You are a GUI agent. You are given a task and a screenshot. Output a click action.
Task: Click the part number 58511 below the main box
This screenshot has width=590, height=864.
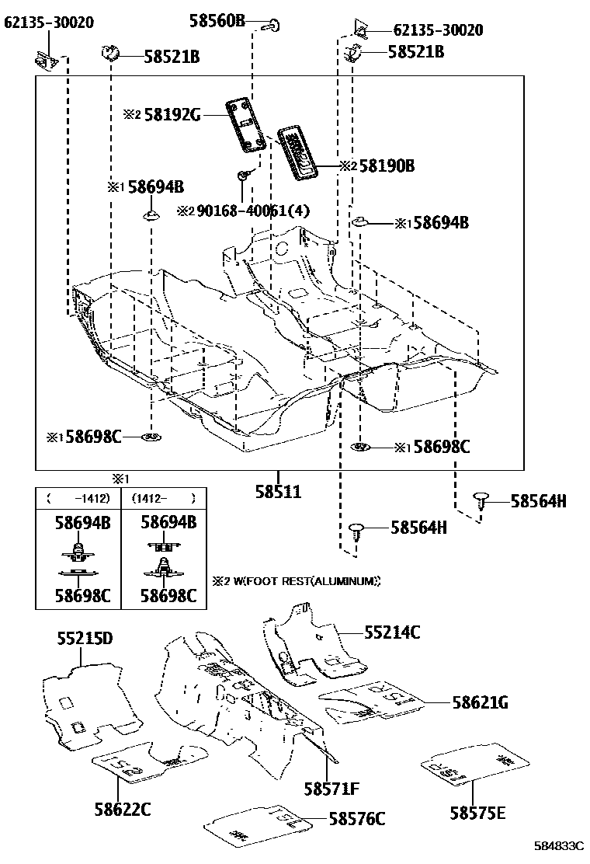tap(279, 491)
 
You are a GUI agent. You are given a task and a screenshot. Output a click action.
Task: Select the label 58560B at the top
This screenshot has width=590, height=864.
tap(217, 21)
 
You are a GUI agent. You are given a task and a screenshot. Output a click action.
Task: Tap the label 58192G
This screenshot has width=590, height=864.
tap(172, 115)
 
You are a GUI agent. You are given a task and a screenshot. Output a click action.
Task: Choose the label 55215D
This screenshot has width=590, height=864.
tap(85, 639)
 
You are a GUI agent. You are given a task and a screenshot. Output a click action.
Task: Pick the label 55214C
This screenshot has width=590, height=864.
tap(392, 632)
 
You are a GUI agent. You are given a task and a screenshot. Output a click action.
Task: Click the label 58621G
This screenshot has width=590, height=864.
tap(481, 702)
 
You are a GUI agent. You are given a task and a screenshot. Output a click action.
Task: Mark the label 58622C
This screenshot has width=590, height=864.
tap(122, 809)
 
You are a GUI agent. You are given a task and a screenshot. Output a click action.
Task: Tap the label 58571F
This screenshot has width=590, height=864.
tap(331, 789)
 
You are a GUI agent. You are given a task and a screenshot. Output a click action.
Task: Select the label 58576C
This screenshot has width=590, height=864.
tap(357, 818)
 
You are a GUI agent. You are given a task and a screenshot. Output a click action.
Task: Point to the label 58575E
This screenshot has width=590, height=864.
tap(477, 813)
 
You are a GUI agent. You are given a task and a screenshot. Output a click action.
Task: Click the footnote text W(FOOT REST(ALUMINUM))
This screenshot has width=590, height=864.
tap(304, 580)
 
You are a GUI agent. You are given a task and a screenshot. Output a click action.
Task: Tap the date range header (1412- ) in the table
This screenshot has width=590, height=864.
tap(163, 498)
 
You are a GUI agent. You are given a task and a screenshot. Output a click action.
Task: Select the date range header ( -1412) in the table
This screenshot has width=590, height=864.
tap(78, 498)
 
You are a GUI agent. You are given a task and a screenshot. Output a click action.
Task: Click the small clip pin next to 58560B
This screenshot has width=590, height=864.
tap(269, 26)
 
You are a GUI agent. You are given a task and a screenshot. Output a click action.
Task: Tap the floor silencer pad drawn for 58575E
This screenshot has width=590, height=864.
tap(471, 761)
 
